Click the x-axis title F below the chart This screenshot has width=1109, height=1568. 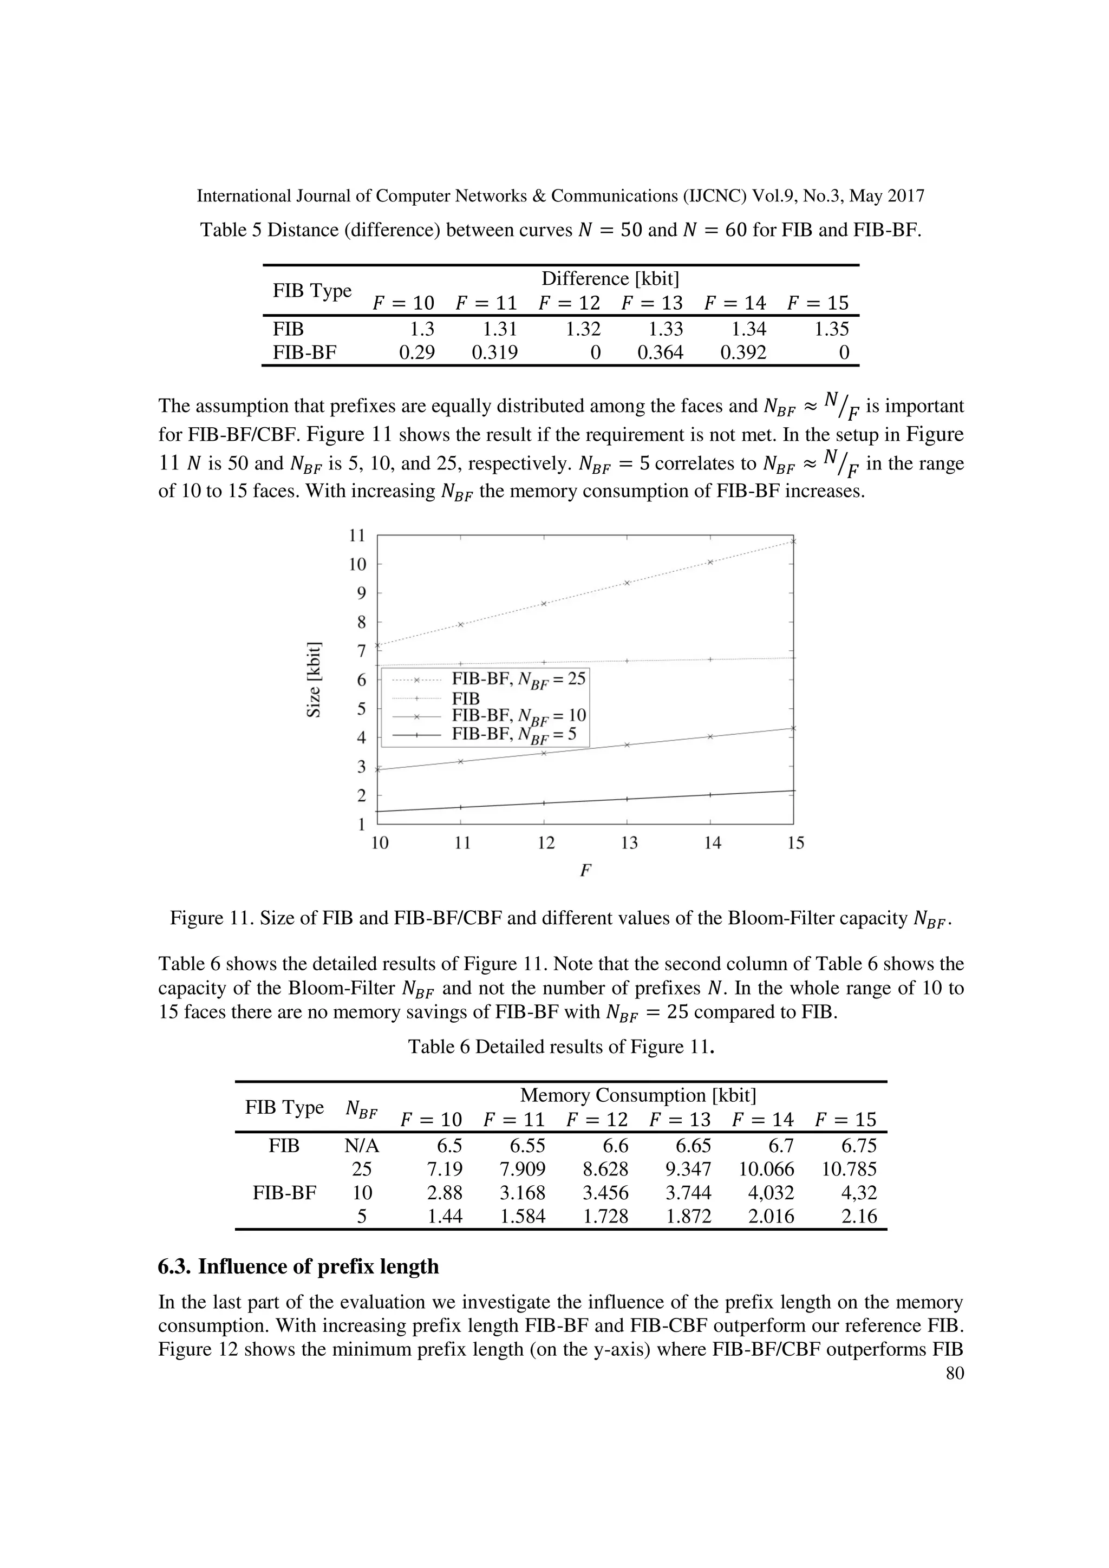click(584, 871)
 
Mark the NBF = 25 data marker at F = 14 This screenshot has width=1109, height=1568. click(710, 562)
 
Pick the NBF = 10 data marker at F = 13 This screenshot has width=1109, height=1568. click(627, 744)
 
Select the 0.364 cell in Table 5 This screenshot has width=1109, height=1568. click(660, 352)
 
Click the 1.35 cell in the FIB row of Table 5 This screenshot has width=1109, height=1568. click(831, 329)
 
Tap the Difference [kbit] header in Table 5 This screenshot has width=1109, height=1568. click(610, 279)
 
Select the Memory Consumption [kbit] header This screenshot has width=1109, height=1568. click(638, 1095)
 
